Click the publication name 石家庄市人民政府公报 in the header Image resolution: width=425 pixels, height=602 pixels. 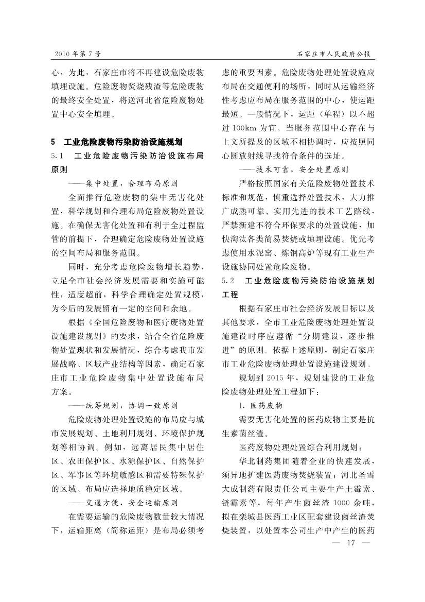[335, 54]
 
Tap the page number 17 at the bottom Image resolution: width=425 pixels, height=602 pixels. [352, 543]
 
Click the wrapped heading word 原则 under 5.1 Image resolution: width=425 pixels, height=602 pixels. [59, 169]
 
